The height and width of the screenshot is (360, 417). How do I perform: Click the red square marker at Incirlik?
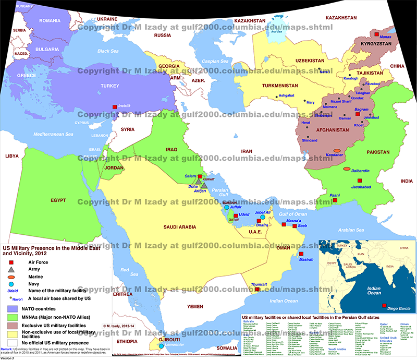coord(115,106)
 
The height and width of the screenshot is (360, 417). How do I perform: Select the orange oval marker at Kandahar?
coord(337,151)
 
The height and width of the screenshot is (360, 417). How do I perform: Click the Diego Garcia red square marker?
coord(384,305)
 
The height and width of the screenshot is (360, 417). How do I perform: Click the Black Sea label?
coord(108,51)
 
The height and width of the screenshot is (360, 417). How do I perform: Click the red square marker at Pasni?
coord(336,201)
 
